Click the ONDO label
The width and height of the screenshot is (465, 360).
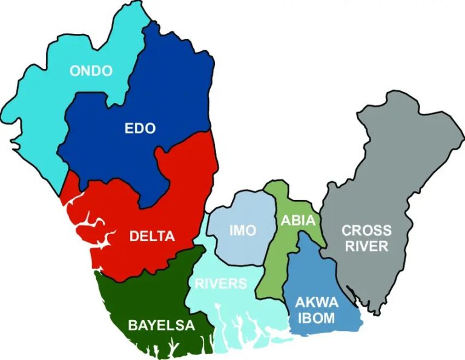click(x=91, y=71)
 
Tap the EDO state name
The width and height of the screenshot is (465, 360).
click(x=140, y=128)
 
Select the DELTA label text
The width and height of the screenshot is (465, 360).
click(x=152, y=236)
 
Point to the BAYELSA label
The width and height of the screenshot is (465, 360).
click(x=161, y=325)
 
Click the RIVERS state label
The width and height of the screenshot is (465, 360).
click(x=220, y=283)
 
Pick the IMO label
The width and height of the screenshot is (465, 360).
click(x=242, y=230)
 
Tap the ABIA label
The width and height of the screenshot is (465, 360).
click(x=298, y=221)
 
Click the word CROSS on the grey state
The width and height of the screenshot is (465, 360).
click(x=366, y=230)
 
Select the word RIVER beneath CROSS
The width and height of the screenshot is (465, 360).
click(x=366, y=246)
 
